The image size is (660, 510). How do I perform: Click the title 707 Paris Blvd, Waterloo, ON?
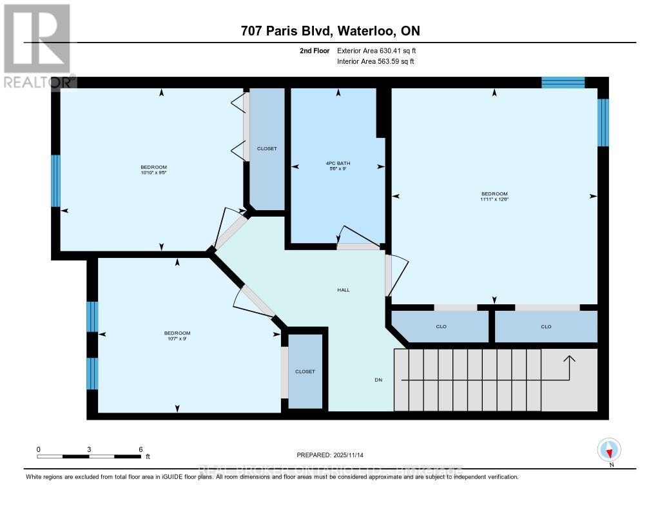[x=330, y=32]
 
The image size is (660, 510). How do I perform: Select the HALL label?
[x=344, y=290]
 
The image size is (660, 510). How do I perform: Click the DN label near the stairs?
[x=379, y=380]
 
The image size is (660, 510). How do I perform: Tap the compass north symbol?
[x=608, y=449]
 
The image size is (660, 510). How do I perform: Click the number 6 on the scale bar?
[x=140, y=449]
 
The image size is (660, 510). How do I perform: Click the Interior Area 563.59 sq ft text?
[x=376, y=62]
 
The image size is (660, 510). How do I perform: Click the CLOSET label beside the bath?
[x=267, y=148]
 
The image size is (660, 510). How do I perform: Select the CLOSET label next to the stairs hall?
[x=305, y=371]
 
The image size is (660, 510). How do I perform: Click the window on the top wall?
[x=563, y=82]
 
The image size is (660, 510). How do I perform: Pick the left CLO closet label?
[x=442, y=326]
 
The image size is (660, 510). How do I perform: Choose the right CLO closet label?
[x=546, y=326]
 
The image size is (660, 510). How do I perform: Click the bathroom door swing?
[x=358, y=237]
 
